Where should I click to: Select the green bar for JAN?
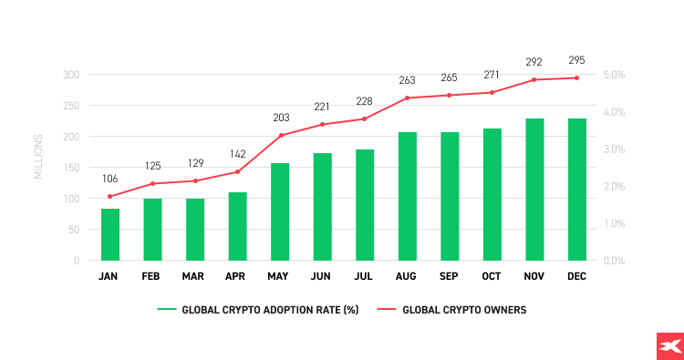point(110,234)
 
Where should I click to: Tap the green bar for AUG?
point(408,196)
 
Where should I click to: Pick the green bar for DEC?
point(577,189)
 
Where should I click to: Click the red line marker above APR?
point(237,171)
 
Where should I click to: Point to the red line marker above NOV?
point(534,79)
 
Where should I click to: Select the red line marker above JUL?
point(365,118)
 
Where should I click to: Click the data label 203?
point(280,118)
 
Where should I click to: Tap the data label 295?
point(577,60)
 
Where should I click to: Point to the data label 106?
point(110,179)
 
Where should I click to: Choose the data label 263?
point(408,80)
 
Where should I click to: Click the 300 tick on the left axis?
point(70,75)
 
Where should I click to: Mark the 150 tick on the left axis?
point(70,137)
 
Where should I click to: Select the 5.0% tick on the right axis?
point(614,75)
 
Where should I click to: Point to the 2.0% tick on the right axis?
point(614,186)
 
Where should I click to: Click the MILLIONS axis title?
point(38,156)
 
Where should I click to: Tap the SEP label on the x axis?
point(450,275)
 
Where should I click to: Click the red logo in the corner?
point(669,346)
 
